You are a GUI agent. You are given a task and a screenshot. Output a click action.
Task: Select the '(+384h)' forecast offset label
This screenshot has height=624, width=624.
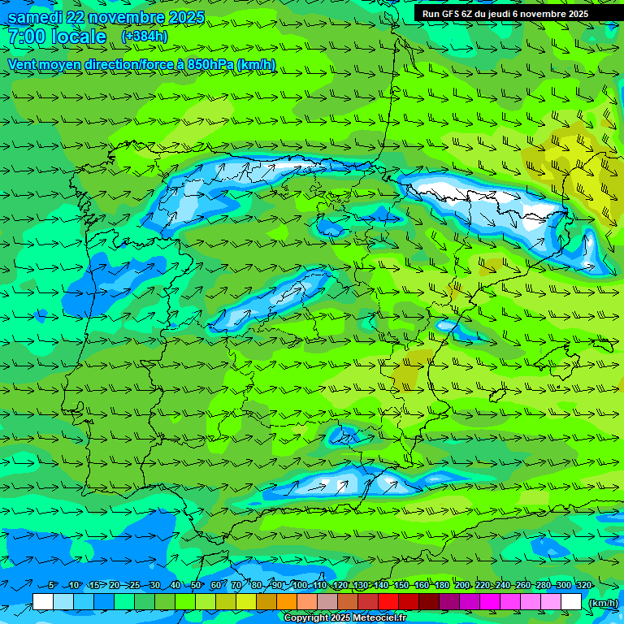coord(144,37)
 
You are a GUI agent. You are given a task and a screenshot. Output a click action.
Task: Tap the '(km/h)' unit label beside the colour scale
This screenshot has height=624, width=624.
coord(602,602)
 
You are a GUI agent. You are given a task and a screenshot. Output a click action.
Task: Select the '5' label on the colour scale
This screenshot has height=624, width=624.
coord(52,585)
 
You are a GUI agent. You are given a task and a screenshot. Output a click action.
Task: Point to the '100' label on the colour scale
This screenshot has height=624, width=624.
coord(300,585)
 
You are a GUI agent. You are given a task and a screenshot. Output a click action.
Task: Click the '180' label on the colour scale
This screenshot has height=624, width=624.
coord(442,585)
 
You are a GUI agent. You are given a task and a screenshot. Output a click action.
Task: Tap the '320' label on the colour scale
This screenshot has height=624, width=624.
coord(583,585)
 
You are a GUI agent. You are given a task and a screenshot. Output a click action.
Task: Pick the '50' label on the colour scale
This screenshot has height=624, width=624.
coord(196,585)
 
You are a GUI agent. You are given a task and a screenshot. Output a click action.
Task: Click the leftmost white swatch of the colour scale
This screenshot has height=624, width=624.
coord(43,601)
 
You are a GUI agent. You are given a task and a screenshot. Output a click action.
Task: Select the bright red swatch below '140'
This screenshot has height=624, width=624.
coord(388,601)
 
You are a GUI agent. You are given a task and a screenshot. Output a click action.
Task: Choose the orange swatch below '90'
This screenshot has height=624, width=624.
coord(287,601)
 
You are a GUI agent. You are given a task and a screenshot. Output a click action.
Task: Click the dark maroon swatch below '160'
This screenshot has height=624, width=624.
coord(429,601)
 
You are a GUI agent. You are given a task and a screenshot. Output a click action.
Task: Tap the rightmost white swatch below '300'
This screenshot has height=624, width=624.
coord(571,601)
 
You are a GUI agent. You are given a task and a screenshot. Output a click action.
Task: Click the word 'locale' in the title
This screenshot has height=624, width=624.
coord(79,37)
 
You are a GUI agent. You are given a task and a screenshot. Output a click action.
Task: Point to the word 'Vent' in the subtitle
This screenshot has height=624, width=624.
coord(23,64)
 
